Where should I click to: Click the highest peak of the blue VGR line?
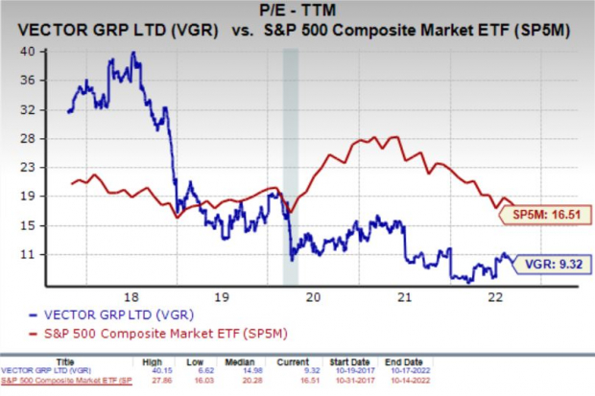pos(134,53)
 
